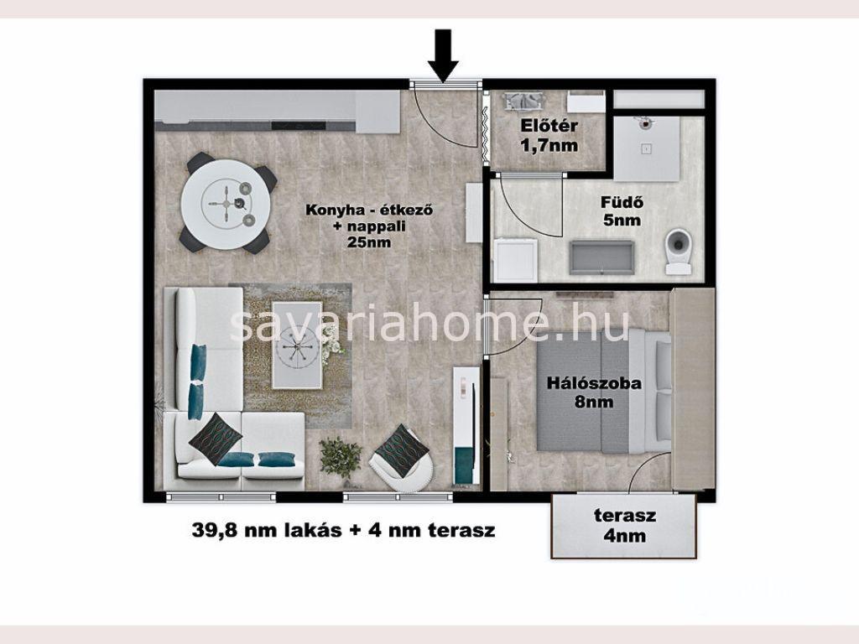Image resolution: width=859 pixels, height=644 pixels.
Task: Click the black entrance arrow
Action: pos(443,55)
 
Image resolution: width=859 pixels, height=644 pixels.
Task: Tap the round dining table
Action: pos(226,203)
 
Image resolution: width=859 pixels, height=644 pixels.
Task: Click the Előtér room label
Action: pos(549,126)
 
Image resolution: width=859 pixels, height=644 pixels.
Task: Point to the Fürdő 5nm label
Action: pos(622,210)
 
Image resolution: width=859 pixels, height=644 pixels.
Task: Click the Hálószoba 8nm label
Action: pos(594,392)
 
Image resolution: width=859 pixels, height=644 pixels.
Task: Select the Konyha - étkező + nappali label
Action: pos(370,226)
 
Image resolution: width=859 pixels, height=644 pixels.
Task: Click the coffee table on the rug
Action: pos(297,345)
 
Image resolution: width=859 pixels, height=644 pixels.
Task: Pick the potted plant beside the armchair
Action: pos(341,459)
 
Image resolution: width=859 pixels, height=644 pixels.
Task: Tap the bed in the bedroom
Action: pos(603,391)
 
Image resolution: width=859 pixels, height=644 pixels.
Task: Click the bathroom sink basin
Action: pos(601,257)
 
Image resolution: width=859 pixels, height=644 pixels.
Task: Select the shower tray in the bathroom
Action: pos(647,148)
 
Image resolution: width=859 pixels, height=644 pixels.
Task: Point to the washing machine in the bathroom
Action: pos(516,260)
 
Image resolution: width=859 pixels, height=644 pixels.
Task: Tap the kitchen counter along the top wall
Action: pos(277,112)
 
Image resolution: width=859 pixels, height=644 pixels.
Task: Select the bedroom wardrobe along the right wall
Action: pos(692,388)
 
